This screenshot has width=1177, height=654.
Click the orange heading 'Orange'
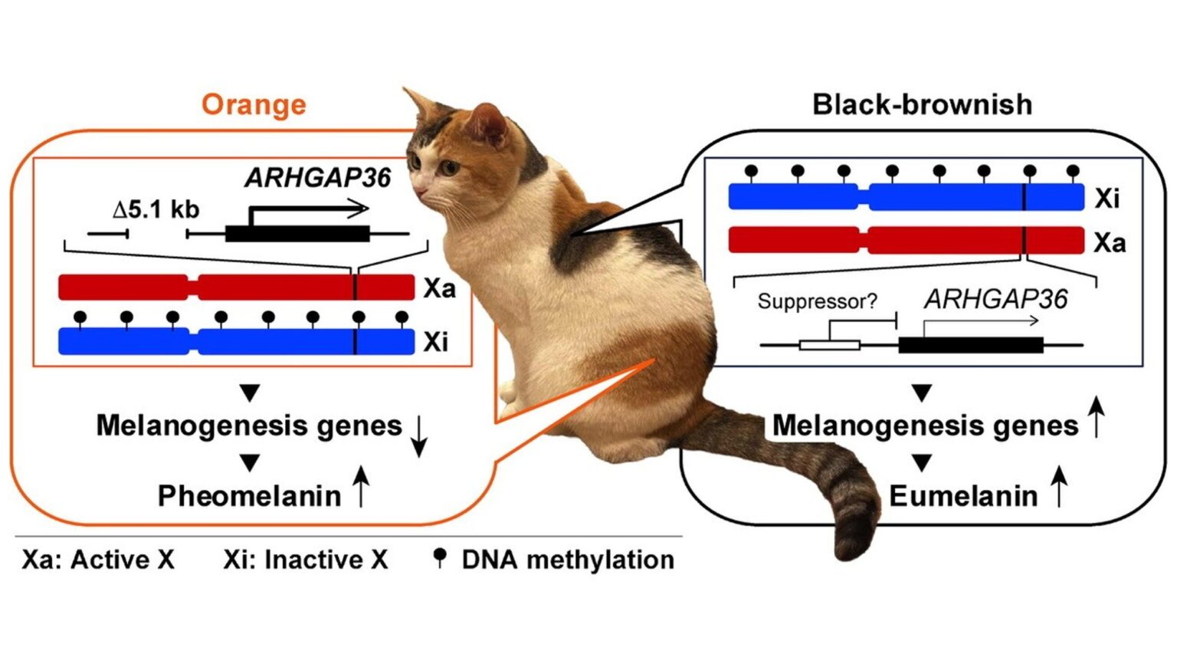click(x=254, y=104)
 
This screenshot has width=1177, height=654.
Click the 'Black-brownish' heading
click(x=922, y=104)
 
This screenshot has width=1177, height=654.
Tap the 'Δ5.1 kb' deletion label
click(x=156, y=209)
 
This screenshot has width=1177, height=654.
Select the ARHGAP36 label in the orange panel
click(x=317, y=178)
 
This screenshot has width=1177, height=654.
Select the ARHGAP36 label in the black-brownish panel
click(x=995, y=299)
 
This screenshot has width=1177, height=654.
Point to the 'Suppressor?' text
click(x=817, y=301)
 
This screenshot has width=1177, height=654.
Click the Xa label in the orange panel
click(x=439, y=288)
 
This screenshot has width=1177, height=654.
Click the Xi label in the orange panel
click(x=435, y=341)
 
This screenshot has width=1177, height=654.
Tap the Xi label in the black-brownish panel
click(x=1107, y=198)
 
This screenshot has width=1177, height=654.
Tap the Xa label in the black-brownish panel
click(x=1109, y=243)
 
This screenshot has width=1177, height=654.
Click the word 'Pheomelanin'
click(x=249, y=496)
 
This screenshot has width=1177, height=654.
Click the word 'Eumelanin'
click(x=962, y=496)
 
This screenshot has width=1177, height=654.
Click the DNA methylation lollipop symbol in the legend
click(x=439, y=557)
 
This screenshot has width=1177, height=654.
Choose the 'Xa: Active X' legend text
click(x=98, y=560)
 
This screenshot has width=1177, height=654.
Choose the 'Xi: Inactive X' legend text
click(x=305, y=560)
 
